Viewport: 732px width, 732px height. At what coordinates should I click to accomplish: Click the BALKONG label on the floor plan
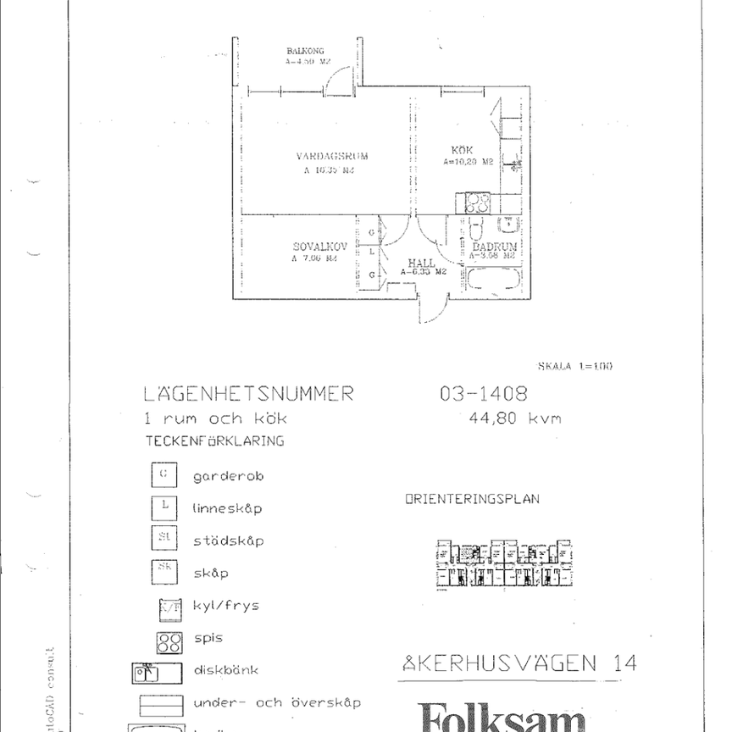coord(301,52)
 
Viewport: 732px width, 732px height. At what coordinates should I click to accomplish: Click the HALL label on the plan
coord(421,263)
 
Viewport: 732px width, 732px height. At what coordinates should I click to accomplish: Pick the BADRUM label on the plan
coord(494,247)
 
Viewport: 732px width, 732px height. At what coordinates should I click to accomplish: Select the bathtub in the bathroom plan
coord(492,281)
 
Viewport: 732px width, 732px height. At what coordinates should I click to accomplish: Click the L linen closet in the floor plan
coord(372,252)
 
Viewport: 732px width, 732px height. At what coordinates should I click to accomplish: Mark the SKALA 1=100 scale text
coord(574,366)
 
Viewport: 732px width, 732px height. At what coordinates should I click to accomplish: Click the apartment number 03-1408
coord(483,394)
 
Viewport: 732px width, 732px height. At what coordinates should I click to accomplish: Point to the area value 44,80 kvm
coord(514,418)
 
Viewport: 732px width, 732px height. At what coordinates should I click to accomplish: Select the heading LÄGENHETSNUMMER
coord(248,394)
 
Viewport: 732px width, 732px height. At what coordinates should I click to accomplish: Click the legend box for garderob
coord(164,475)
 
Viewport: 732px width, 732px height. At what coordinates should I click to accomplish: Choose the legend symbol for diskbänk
coord(158,673)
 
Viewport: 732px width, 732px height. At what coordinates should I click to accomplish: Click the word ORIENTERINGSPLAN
coord(471,500)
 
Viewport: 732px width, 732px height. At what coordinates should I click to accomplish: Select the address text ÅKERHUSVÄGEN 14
coord(518,663)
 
